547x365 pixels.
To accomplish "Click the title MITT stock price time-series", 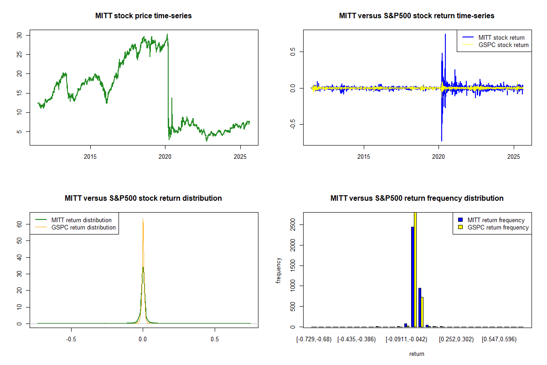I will [x=144, y=16].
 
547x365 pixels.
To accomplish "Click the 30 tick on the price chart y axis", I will [x=26, y=35].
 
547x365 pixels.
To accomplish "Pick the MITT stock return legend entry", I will [x=501, y=38].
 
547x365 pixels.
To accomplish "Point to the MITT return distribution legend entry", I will [x=81, y=220].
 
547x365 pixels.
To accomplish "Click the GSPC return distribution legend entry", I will [x=83, y=228].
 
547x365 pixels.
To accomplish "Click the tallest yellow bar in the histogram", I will [x=415, y=269].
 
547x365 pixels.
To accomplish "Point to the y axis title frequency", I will [x=279, y=271].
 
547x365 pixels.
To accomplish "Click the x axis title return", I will [x=417, y=354].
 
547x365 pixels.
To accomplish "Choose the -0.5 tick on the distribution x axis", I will [x=71, y=339].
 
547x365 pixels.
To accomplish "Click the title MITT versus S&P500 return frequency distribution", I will [x=417, y=198].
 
